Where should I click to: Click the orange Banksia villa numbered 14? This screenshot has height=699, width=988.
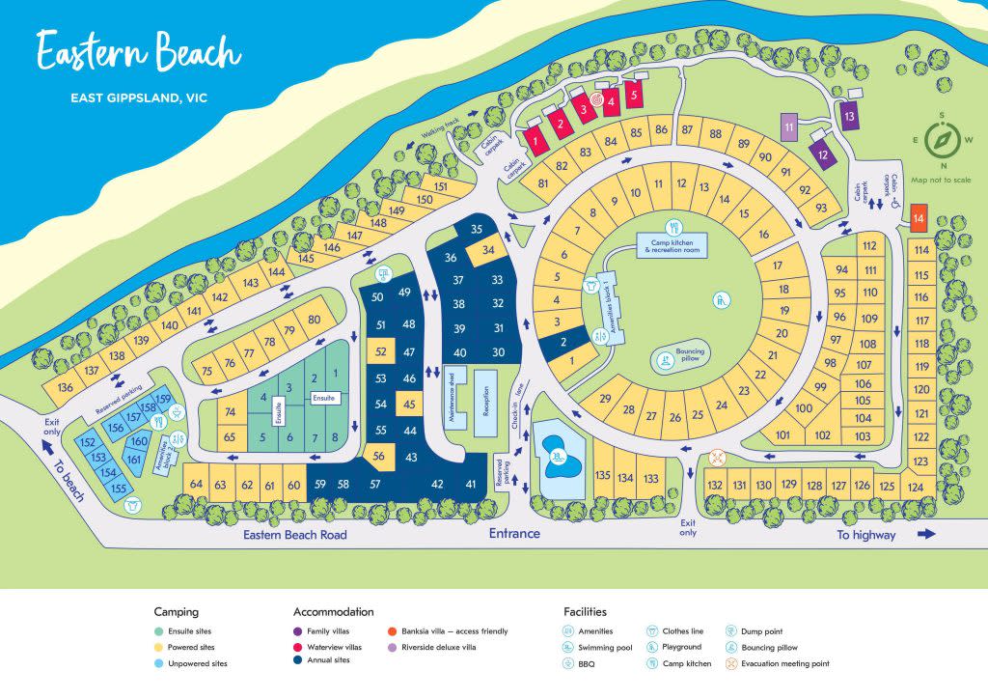pyautogui.click(x=919, y=217)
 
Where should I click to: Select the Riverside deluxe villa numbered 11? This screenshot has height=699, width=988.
pyautogui.click(x=789, y=127)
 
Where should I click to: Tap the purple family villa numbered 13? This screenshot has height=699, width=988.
pyautogui.click(x=849, y=117)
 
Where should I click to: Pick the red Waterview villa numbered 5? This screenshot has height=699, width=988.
pyautogui.click(x=634, y=96)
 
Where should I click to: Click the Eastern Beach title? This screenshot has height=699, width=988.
pyautogui.click(x=138, y=52)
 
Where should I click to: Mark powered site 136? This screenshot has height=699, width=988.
pyautogui.click(x=66, y=387)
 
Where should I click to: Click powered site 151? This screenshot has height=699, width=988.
pyautogui.click(x=441, y=187)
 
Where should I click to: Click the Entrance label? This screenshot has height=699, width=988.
pyautogui.click(x=513, y=534)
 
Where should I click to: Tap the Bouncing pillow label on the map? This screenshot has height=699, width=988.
pyautogui.click(x=691, y=355)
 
